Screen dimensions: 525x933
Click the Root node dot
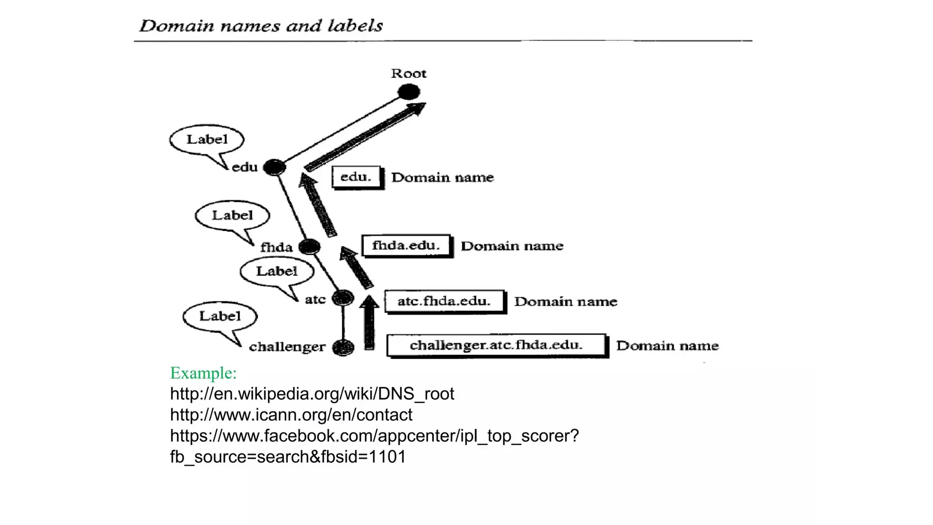coord(409,92)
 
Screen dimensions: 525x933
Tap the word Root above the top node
coord(409,73)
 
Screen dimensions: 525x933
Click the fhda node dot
coord(310,247)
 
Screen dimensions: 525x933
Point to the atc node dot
coord(343,299)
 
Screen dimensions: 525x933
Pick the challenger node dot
coord(343,348)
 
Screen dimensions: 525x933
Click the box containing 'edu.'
coord(356,177)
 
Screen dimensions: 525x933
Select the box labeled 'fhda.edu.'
coord(406,246)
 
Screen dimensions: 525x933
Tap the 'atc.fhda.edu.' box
coord(444,301)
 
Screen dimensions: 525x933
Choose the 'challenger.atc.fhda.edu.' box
coord(496,345)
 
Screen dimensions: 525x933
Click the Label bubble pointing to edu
coord(207,139)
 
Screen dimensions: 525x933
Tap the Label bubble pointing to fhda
coord(232,215)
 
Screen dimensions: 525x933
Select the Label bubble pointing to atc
coord(277,271)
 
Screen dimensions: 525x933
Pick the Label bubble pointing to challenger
coord(220,316)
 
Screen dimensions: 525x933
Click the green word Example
coord(203,373)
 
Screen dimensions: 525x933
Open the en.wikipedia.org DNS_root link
coord(312,394)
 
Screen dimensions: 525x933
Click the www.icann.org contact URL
coord(291,415)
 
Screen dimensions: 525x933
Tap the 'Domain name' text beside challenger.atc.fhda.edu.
coord(667,346)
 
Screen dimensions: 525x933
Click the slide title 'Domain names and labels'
coord(261,26)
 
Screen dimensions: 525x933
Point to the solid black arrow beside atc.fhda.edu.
coord(369,323)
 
